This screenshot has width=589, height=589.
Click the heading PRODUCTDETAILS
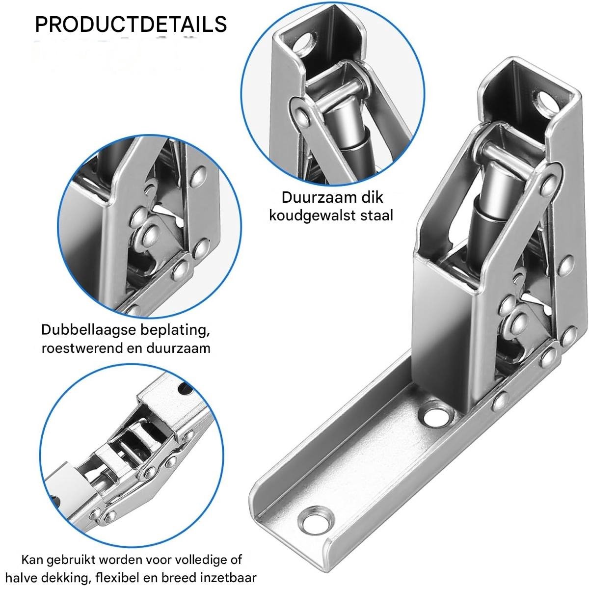tap(131, 24)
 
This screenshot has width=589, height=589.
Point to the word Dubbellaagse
tap(89, 330)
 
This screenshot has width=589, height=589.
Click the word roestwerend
tap(82, 348)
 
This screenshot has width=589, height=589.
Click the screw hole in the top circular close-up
tap(304, 43)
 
